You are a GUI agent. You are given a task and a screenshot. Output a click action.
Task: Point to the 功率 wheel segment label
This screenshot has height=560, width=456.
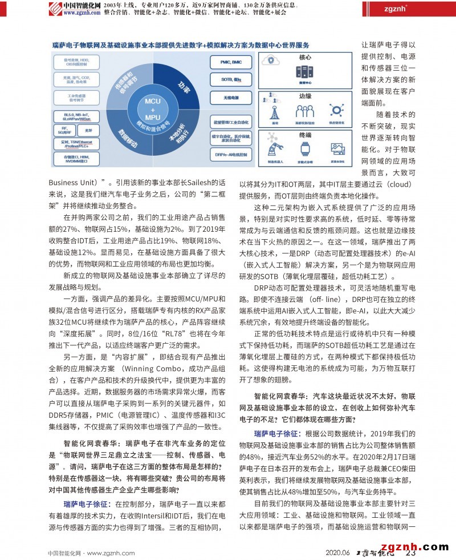183,87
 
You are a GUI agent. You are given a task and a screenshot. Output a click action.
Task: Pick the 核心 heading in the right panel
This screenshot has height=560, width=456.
305,58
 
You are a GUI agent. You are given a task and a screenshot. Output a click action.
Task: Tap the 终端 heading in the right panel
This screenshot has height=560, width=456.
305,135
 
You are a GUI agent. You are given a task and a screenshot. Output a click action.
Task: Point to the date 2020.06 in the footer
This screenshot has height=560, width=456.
337,552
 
